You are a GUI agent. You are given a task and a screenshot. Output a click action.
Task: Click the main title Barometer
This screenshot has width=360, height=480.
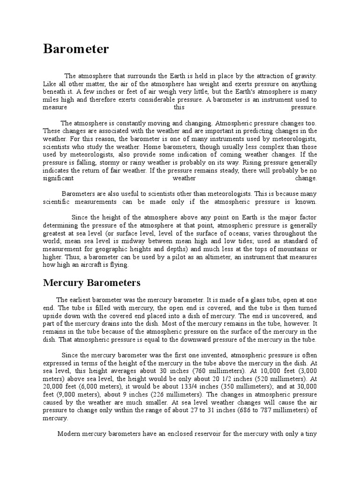coord(76,49)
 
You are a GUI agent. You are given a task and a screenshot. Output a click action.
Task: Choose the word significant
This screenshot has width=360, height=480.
coord(58,179)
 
